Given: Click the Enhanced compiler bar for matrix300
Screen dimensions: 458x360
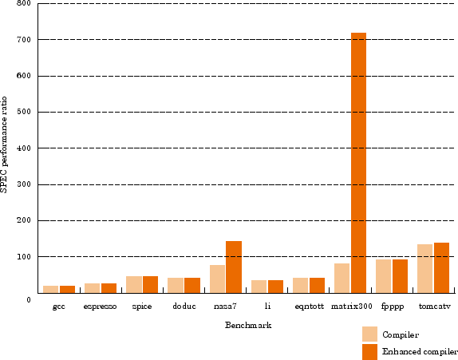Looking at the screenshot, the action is (358, 163).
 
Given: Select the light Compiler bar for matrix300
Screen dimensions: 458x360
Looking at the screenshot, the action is (342, 278).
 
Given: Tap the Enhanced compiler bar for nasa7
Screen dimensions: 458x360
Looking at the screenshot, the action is (234, 267).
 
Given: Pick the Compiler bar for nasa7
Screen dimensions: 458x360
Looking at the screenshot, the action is (217, 279).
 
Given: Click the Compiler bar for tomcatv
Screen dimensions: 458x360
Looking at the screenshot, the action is (424, 268).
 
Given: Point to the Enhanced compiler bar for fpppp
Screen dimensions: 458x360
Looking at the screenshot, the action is (401, 276).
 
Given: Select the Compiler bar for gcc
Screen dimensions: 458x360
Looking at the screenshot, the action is (51, 289).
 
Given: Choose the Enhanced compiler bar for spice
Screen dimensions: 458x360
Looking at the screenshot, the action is (151, 285).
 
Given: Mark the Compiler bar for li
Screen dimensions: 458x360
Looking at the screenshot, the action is (259, 287).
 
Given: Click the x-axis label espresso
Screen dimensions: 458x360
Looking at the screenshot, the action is (100, 307).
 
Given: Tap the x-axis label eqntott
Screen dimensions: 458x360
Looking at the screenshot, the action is (309, 307).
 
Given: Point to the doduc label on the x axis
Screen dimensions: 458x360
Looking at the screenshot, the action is (184, 307).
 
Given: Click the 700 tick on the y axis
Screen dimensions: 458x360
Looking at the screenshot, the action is (24, 39).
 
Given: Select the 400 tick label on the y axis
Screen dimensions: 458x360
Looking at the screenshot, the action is (24, 148).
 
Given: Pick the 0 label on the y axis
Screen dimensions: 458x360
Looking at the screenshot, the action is (29, 300).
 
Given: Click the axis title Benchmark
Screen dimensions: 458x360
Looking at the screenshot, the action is (248, 325).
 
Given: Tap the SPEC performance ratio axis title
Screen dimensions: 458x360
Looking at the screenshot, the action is (4, 144).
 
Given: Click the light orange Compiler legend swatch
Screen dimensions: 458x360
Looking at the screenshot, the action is (369, 334).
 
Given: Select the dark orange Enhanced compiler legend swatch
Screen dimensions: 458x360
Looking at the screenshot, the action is (369, 352).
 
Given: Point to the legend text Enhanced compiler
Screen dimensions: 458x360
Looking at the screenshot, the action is (420, 351).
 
